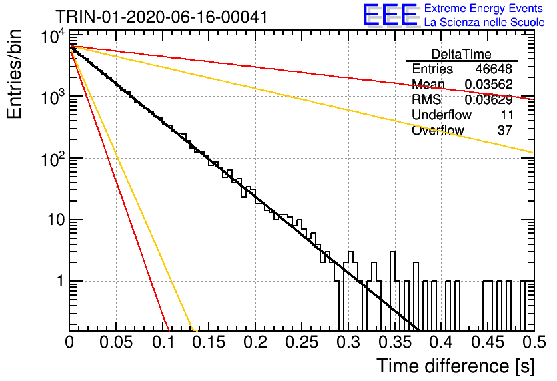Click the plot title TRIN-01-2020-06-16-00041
(161, 17)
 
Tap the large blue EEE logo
(390, 14)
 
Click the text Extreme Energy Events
(484, 8)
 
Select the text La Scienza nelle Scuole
(484, 22)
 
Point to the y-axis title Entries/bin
(14, 74)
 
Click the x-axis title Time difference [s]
(456, 366)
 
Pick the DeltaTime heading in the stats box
(462, 54)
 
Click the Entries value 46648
(494, 69)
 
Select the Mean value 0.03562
(489, 84)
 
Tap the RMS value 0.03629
(489, 99)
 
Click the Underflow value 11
(507, 115)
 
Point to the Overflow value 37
(505, 130)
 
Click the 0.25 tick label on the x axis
(302, 342)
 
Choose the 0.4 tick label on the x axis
(442, 342)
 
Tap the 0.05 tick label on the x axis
(116, 342)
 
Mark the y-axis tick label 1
(61, 282)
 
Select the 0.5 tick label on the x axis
(534, 342)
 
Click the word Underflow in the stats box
(442, 115)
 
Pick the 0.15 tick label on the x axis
(209, 342)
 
